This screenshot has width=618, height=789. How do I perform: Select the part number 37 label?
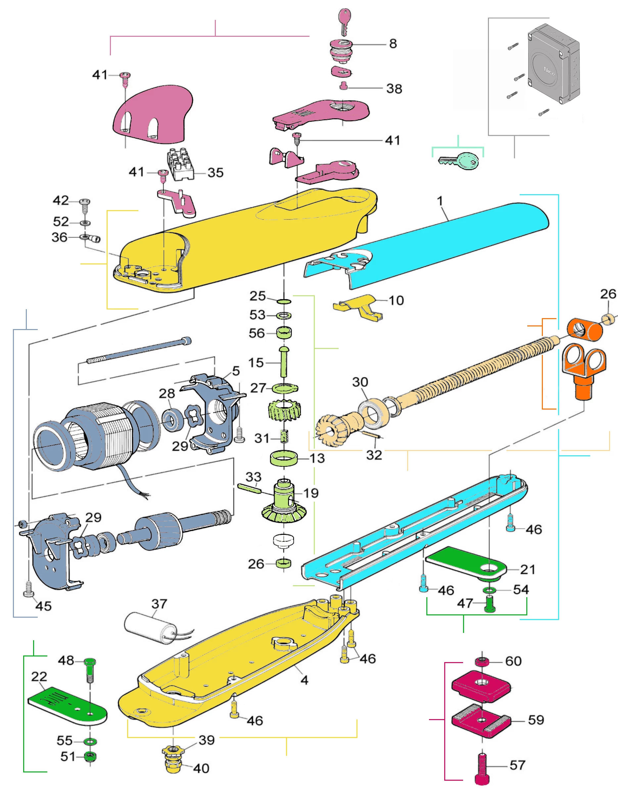point(159,604)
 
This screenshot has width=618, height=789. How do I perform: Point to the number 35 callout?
point(215,173)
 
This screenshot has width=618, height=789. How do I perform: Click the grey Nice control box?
point(553,65)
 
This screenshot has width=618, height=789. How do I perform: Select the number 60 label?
point(513,661)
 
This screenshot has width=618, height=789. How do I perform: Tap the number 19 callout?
point(311,493)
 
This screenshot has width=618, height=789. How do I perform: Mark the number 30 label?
point(360,382)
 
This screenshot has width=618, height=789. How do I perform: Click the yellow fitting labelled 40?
point(173,759)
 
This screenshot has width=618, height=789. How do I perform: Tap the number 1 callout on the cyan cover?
point(440,201)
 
